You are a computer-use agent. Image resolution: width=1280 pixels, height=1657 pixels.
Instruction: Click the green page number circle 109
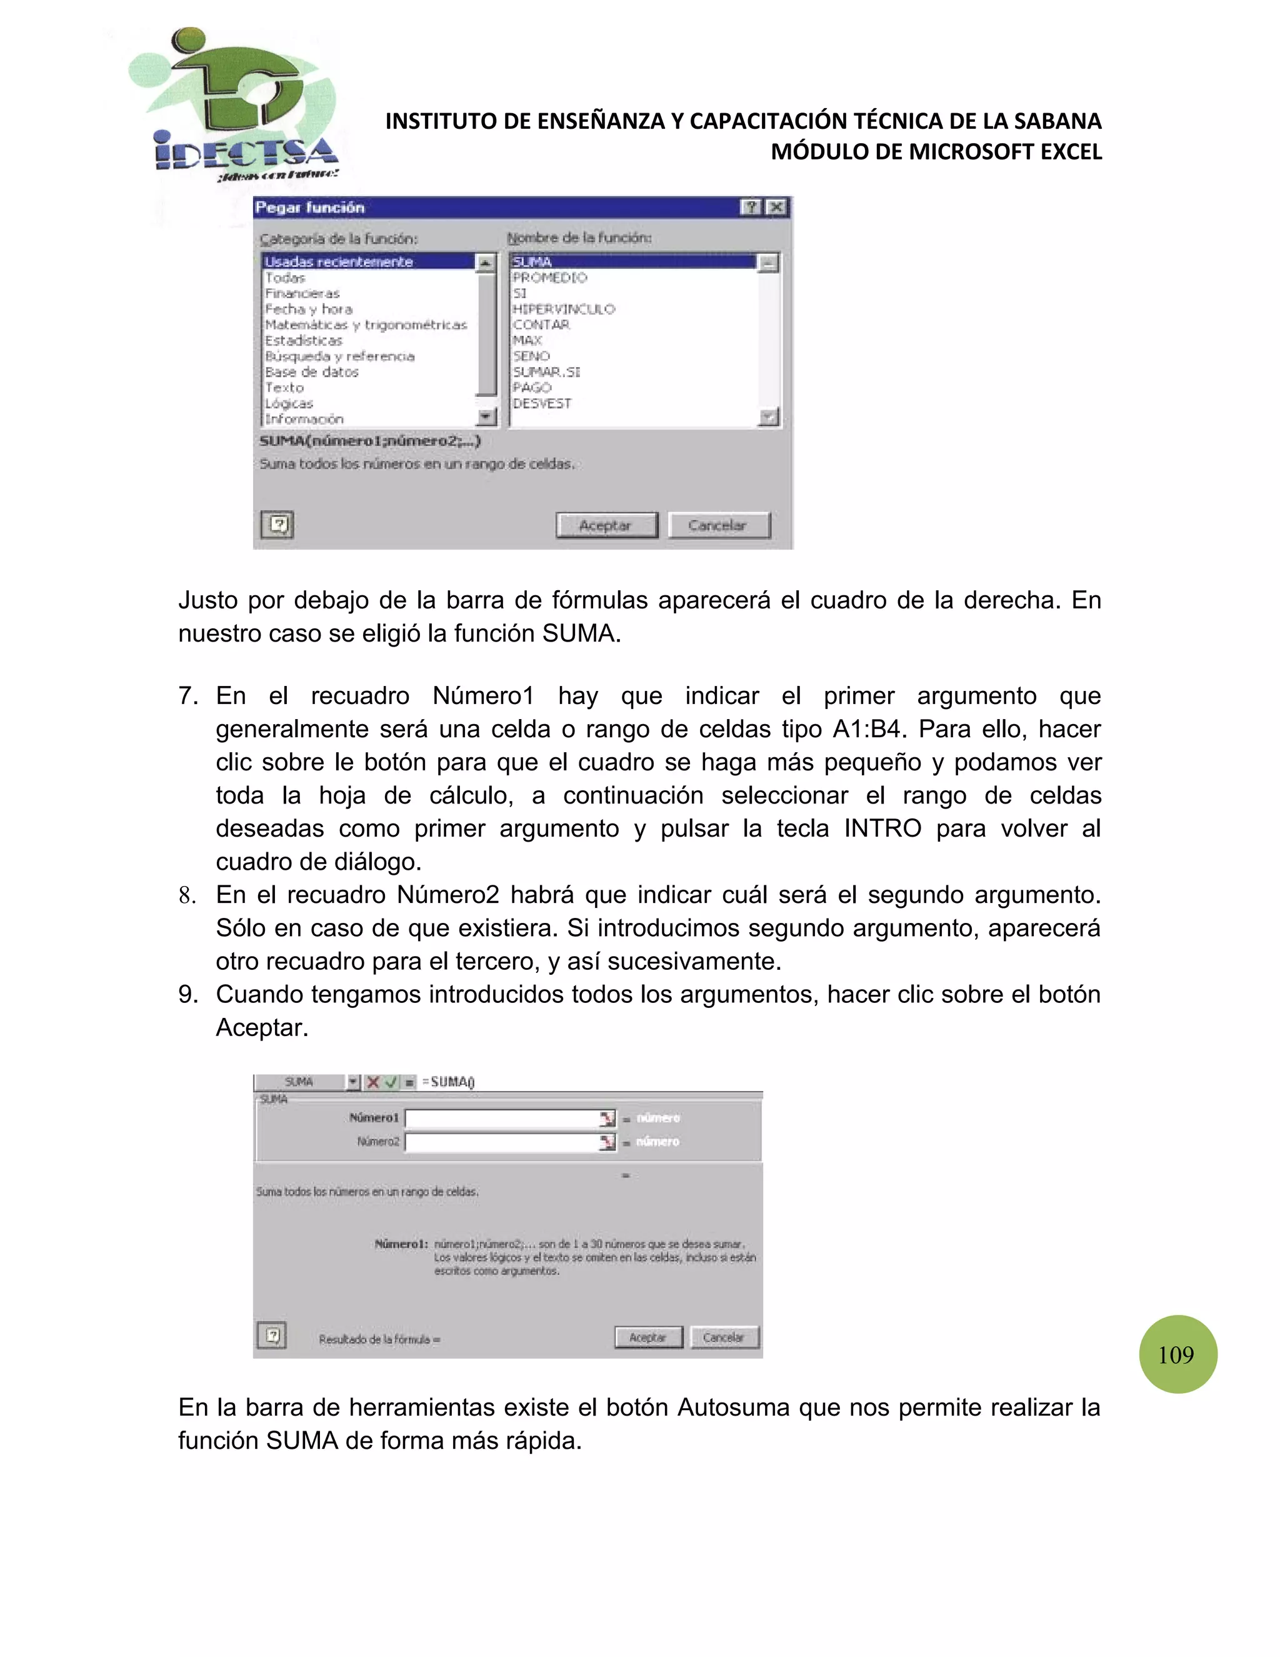click(1177, 1354)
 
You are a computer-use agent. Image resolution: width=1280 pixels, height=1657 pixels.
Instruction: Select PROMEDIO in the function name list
click(550, 278)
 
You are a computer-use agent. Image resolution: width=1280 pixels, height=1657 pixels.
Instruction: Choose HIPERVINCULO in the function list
click(563, 309)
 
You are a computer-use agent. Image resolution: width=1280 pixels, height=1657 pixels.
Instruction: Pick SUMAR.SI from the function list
click(546, 372)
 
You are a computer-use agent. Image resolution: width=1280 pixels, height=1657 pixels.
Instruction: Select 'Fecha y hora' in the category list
click(309, 309)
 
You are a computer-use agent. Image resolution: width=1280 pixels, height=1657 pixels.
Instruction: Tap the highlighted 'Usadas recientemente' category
click(339, 262)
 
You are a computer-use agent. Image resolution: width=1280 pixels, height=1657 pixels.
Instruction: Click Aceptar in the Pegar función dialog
click(606, 525)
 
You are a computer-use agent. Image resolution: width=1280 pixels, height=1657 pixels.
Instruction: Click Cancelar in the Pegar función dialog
click(717, 525)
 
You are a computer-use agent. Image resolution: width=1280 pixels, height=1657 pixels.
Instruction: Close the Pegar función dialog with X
click(776, 207)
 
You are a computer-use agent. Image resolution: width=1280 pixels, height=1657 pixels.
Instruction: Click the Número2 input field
click(502, 1142)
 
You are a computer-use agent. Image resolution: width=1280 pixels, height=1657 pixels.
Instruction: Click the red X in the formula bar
click(373, 1082)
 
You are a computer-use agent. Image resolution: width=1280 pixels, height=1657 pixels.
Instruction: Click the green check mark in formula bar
click(391, 1082)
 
